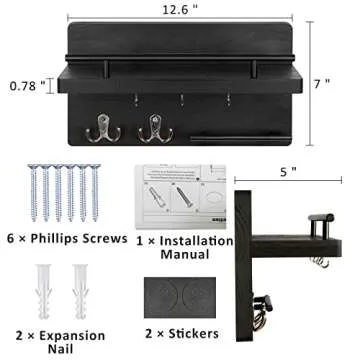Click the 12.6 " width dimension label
tap(180, 10)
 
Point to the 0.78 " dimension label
tap(28, 87)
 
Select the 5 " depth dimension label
tap(288, 171)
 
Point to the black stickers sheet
tap(183, 298)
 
